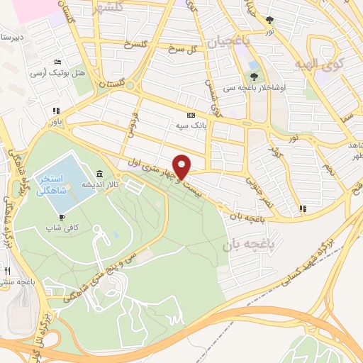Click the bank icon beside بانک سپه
point(190,115)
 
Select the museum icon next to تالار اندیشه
point(98,174)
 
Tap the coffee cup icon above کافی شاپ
point(62,217)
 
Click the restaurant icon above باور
point(55,111)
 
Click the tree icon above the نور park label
point(269,21)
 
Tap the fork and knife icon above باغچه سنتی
point(7,271)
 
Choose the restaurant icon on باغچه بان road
point(303,208)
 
